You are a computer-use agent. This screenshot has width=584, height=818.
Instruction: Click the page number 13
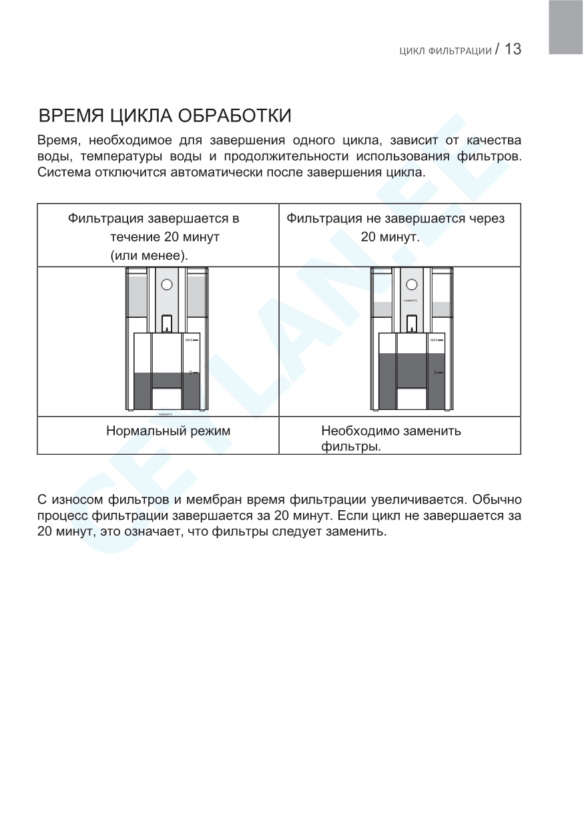pos(512,49)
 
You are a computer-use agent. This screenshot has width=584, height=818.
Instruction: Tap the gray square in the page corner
pos(566,27)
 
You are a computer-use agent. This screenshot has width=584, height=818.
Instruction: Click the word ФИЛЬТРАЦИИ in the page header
pos(459,51)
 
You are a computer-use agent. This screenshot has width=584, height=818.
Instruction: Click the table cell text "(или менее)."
pos(150,255)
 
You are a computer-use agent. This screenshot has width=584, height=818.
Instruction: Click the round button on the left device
pos(167,285)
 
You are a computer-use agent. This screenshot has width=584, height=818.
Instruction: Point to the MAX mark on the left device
pos(192,340)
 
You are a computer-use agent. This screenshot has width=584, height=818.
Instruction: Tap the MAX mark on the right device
pos(436,340)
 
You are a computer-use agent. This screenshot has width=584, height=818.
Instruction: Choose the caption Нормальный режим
pos(168,431)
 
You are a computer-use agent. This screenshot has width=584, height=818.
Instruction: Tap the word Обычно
pos(497,499)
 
